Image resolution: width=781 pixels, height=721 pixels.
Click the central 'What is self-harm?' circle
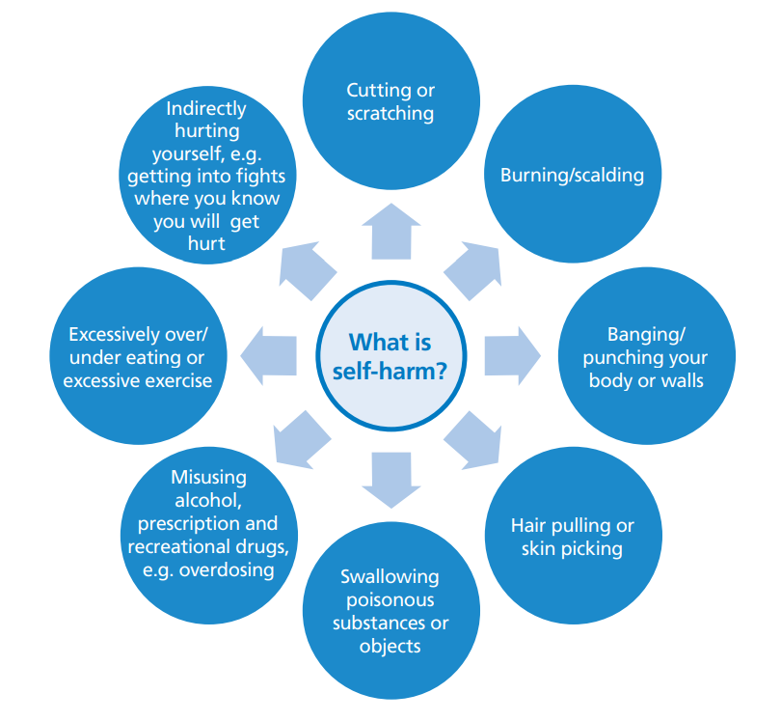(390, 356)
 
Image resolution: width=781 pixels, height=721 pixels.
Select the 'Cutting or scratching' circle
(390, 102)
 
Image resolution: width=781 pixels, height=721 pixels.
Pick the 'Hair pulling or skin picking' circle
(572, 537)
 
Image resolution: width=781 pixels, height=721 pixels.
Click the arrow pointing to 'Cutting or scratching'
(390, 233)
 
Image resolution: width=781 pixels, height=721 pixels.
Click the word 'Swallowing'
(390, 577)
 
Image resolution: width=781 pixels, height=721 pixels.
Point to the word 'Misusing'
(208, 477)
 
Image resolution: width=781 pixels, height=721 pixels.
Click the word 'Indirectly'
(205, 109)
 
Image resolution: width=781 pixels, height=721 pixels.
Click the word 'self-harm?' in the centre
(390, 370)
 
